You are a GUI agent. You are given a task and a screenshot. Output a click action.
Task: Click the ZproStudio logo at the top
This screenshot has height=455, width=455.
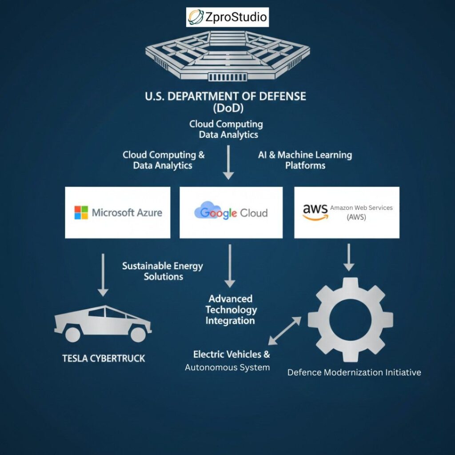pos(227,17)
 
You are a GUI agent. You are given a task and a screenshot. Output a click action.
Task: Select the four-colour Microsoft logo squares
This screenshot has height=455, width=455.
pos(81,212)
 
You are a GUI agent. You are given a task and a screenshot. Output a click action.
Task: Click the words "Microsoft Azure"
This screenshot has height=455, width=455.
pos(127,212)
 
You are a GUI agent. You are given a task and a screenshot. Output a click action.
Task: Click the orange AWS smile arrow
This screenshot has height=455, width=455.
pos(315,217)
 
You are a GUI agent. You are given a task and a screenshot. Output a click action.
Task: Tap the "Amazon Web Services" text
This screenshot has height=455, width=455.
pos(361,208)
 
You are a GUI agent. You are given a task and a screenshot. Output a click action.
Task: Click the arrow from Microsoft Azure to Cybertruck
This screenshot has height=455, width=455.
pos(103,275)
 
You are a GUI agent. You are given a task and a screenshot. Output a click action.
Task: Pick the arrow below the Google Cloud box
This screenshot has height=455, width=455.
pos(229,265)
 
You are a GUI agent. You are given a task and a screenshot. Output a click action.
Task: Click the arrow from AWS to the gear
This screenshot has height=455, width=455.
pos(349,257)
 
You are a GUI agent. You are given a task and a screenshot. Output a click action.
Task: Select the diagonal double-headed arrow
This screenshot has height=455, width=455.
pos(284,331)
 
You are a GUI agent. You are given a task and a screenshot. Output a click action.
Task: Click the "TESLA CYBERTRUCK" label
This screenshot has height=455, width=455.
pos(104,358)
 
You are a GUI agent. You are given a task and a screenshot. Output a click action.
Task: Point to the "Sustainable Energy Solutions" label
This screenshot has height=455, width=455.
pos(163,271)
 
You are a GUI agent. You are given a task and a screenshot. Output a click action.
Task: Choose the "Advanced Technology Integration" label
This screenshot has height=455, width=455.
pos(231,310)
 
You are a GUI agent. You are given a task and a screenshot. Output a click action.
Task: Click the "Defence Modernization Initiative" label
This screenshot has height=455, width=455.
pos(354,372)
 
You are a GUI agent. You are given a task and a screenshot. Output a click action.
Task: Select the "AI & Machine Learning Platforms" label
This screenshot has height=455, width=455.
pos(305,160)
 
